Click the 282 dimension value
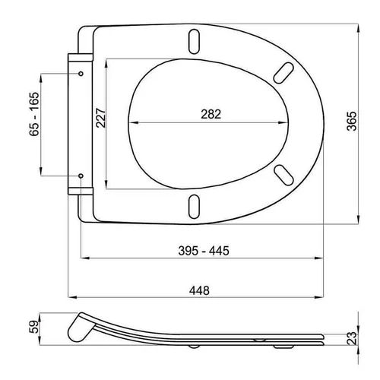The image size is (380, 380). pyautogui.click(x=211, y=114)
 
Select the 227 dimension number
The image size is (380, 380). pyautogui.click(x=100, y=118)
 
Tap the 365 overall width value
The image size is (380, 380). pyautogui.click(x=352, y=121)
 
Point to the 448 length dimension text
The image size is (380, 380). pyautogui.click(x=199, y=290)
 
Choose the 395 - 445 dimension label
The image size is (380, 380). pyautogui.click(x=204, y=251)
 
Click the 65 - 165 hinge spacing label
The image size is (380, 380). pyautogui.click(x=34, y=114)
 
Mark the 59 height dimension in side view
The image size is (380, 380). pyautogui.click(x=34, y=327)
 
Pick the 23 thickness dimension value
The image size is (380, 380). pyautogui.click(x=352, y=338)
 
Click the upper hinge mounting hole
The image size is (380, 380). pyautogui.click(x=81, y=74)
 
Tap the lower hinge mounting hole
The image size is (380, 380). pyautogui.click(x=81, y=176)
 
